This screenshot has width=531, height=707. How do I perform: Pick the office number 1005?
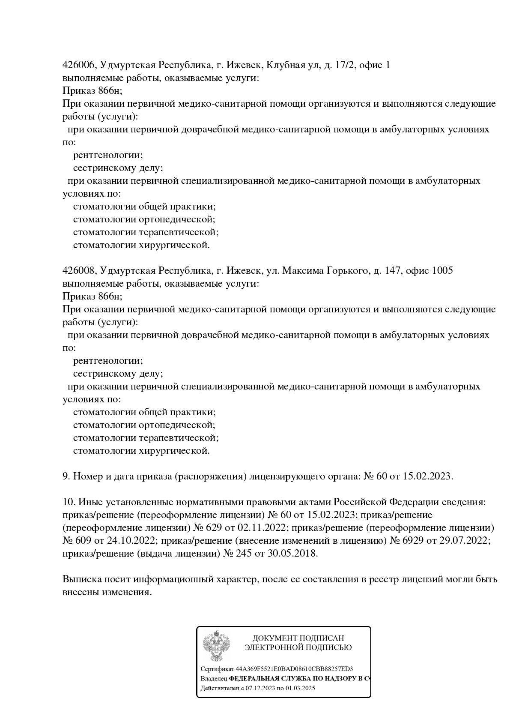point(442,271)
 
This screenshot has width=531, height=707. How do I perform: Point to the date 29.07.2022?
point(464,541)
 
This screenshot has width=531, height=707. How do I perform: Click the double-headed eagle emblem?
point(217,646)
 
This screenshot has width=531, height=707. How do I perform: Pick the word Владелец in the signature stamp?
point(214,679)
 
